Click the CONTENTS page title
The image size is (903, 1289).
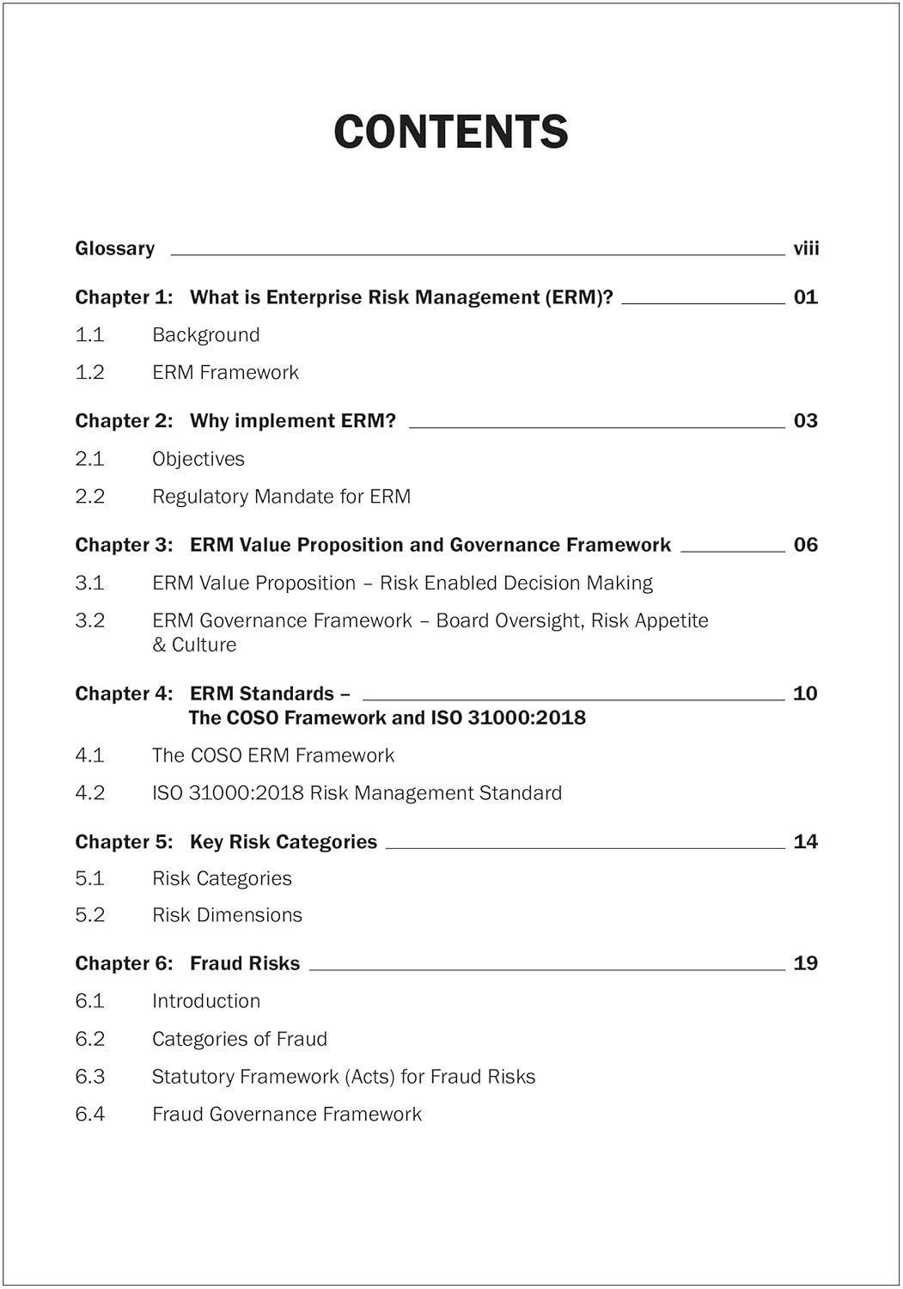pos(451,131)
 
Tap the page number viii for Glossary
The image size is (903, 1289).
pos(806,248)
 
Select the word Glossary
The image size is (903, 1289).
pos(115,248)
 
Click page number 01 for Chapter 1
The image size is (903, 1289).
pos(806,297)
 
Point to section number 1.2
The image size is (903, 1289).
pos(90,372)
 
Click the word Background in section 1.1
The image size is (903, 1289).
pos(206,335)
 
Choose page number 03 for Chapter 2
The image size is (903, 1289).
pos(806,421)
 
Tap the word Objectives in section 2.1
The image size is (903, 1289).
pos(198,459)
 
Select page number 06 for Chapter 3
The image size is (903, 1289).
pos(806,545)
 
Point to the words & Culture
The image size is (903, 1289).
pos(194,644)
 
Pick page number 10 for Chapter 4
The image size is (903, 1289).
pos(805,693)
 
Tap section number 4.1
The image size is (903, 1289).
pos(90,755)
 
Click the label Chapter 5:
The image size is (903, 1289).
pos(124,842)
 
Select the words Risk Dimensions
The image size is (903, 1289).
pos(228,915)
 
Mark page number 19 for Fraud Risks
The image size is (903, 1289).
pos(806,963)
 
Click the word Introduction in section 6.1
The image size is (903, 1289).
pos(206,1001)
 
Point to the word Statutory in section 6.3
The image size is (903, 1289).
pos(192,1077)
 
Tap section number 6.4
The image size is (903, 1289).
pos(90,1115)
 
